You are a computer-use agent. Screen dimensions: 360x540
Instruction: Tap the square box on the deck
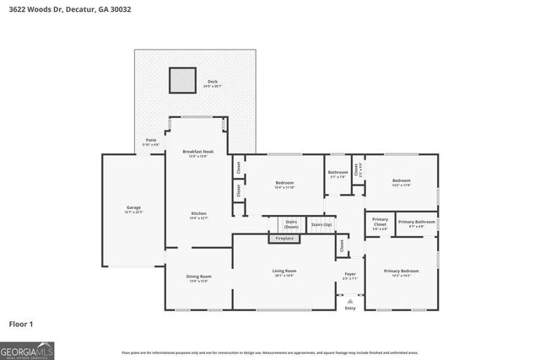coord(182,80)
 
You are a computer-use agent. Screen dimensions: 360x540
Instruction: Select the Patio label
coord(150,142)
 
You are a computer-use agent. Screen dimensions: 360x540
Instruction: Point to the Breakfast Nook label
coord(198,153)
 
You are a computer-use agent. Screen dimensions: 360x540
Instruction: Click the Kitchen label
coord(198,215)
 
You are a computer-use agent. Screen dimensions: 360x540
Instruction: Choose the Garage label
coord(133,208)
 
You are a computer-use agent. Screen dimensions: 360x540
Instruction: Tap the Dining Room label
coord(198,277)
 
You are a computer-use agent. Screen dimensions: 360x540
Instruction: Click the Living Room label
coord(283,272)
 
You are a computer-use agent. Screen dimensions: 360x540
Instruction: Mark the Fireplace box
coord(284,239)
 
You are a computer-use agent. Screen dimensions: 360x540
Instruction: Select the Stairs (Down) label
coord(291,225)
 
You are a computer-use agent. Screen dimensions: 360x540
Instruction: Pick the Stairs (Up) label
coord(321,225)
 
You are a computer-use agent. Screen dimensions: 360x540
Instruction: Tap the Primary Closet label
coord(380,223)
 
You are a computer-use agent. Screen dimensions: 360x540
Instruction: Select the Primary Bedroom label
coord(401,272)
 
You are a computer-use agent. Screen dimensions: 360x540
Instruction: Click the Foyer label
coord(349,276)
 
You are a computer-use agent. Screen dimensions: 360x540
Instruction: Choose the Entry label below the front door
coord(349,308)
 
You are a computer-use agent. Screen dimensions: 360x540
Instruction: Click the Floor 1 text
coord(20,324)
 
